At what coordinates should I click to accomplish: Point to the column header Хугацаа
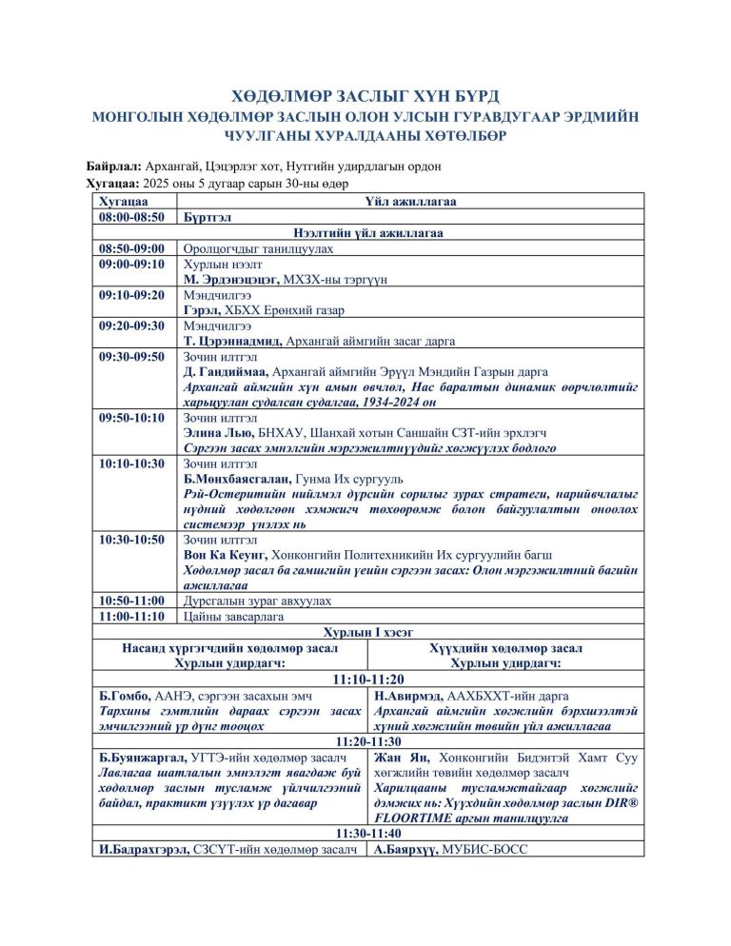click(x=124, y=202)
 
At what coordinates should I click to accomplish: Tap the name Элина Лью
click(x=215, y=433)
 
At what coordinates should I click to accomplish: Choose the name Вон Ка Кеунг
click(x=225, y=555)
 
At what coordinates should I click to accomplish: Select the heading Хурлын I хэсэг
click(x=366, y=631)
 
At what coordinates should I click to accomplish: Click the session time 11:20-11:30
click(x=366, y=741)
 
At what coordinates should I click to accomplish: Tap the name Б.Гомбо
click(x=126, y=696)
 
